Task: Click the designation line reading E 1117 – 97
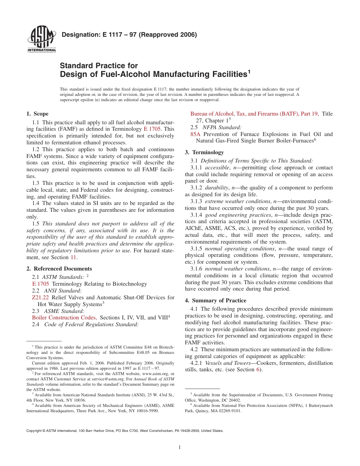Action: [129, 35]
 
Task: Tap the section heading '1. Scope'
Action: [37, 114]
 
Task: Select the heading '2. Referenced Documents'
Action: [59, 269]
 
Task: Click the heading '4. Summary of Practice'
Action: [215, 300]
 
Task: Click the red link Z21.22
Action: [41, 297]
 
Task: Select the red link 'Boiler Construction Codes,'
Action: [64, 317]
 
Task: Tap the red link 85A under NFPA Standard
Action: [195, 134]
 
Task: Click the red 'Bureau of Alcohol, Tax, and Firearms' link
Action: [254, 113]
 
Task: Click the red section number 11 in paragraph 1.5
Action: [74, 257]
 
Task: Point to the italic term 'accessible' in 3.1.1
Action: [217, 167]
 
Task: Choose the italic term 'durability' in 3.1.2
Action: [217, 188]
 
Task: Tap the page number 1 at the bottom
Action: [180, 447]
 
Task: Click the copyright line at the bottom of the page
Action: [125, 431]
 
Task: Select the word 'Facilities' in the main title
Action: [222, 74]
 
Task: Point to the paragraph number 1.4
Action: [36, 203]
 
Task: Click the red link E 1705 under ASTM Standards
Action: [41, 284]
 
